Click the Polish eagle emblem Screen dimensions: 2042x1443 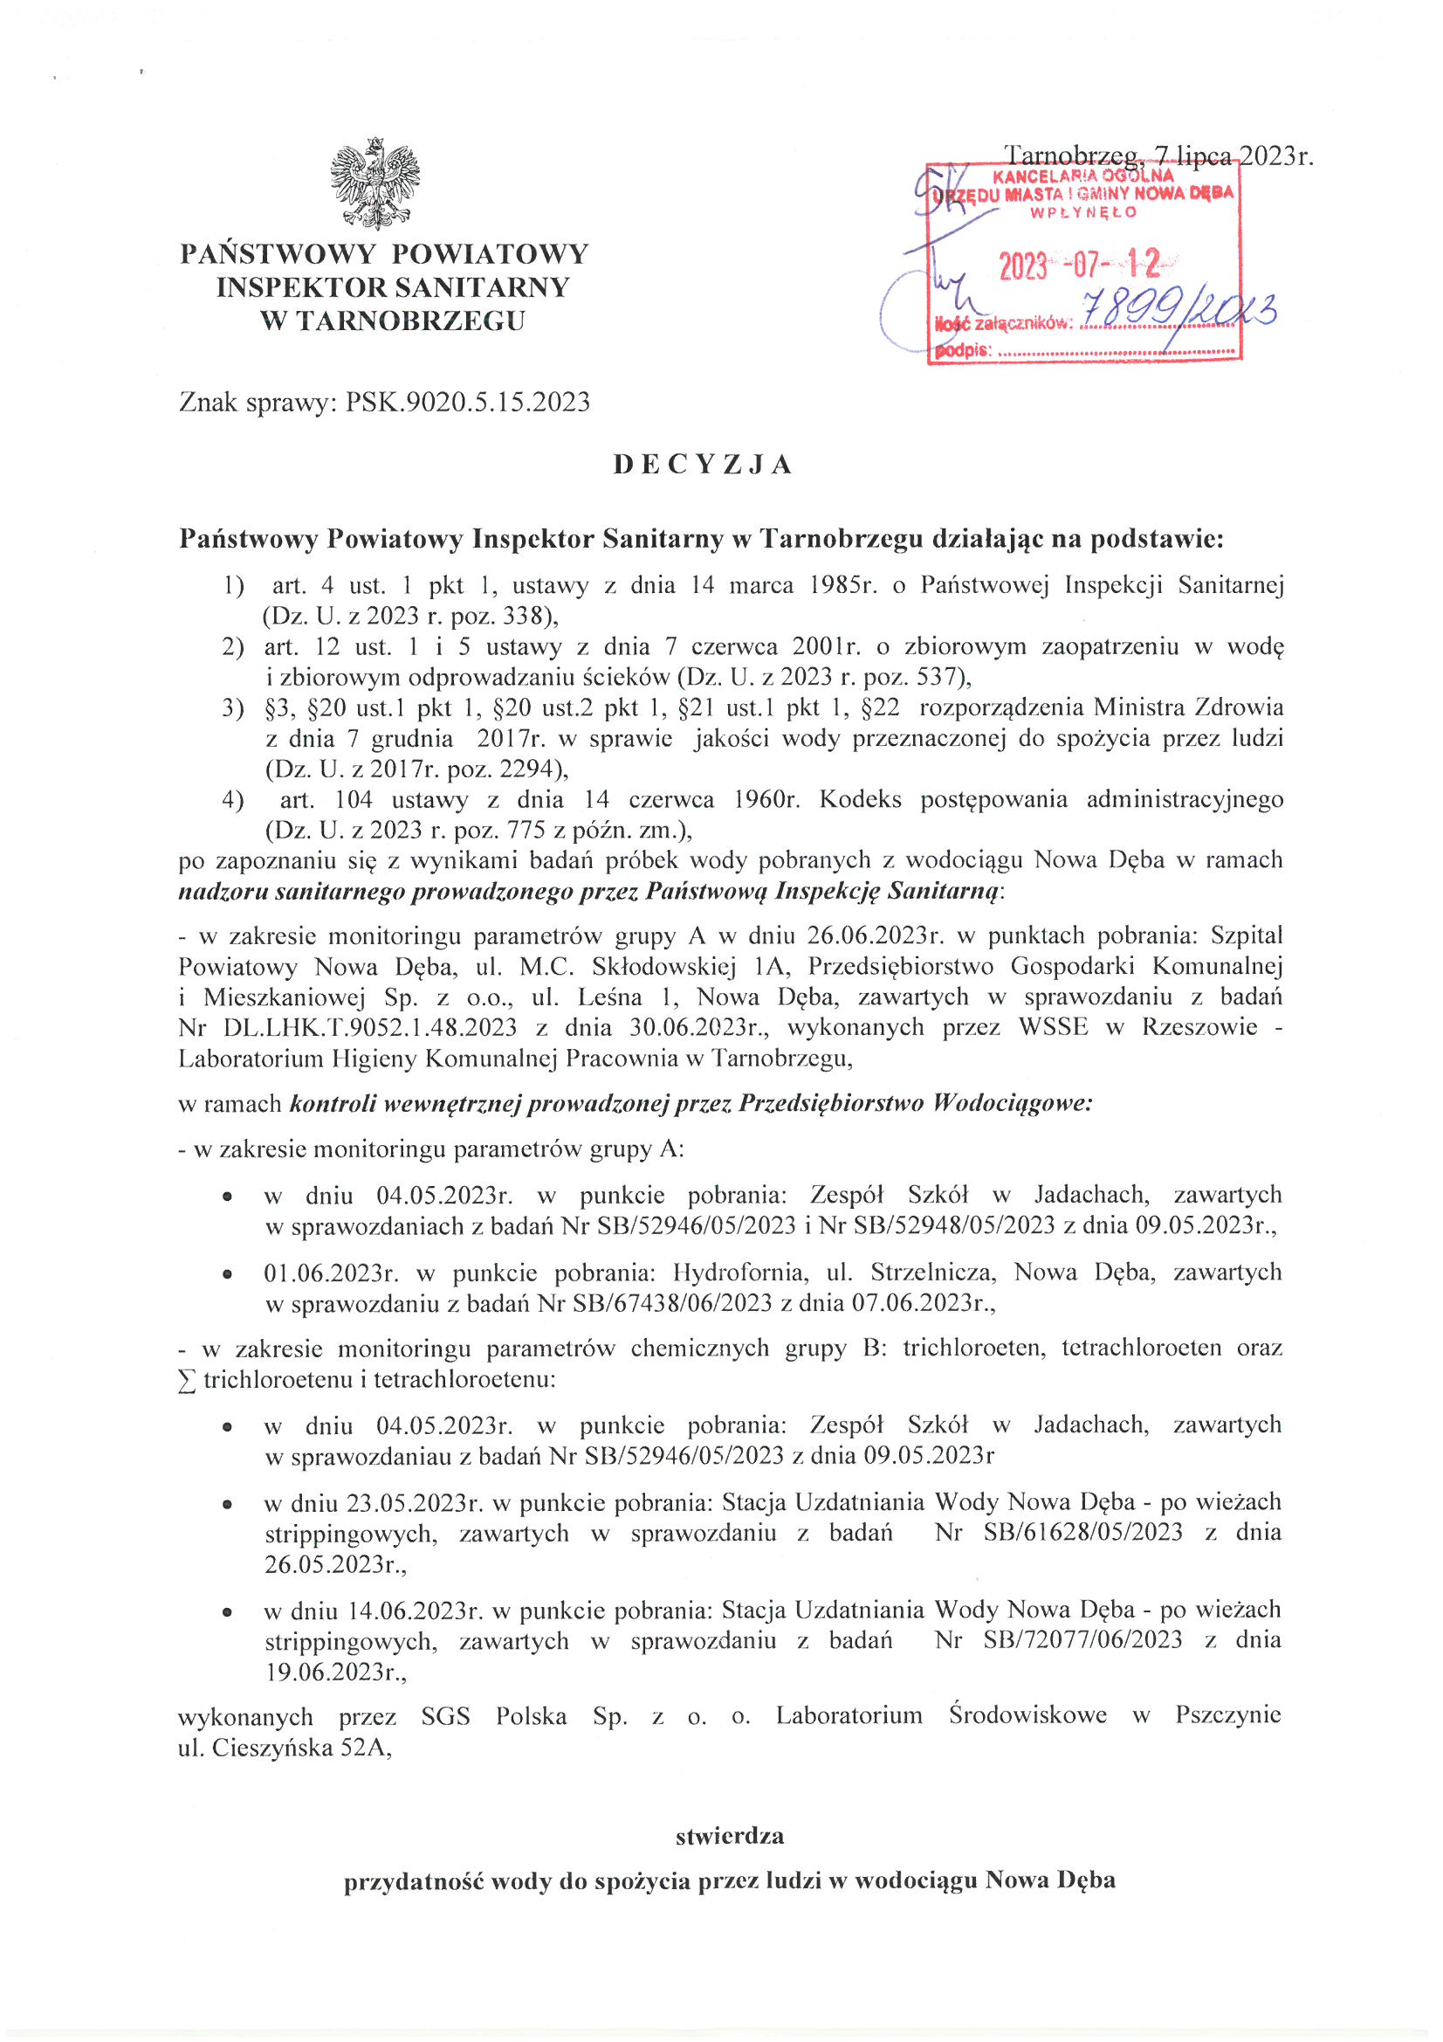click(x=374, y=183)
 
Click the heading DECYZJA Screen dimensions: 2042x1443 click(x=703, y=465)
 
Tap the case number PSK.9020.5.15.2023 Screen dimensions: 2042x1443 click(x=468, y=402)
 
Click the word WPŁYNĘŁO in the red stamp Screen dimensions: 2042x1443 click(x=1083, y=212)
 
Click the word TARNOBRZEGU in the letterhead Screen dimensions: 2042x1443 click(x=410, y=321)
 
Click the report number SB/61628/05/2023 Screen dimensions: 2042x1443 click(x=1083, y=1532)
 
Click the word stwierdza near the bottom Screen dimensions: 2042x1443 click(x=729, y=1836)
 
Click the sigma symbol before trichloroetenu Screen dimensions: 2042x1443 click(x=187, y=1381)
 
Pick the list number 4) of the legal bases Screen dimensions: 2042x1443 click(x=233, y=799)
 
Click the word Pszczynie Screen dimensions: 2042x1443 click(x=1228, y=1714)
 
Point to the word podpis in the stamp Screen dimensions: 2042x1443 click(x=962, y=350)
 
